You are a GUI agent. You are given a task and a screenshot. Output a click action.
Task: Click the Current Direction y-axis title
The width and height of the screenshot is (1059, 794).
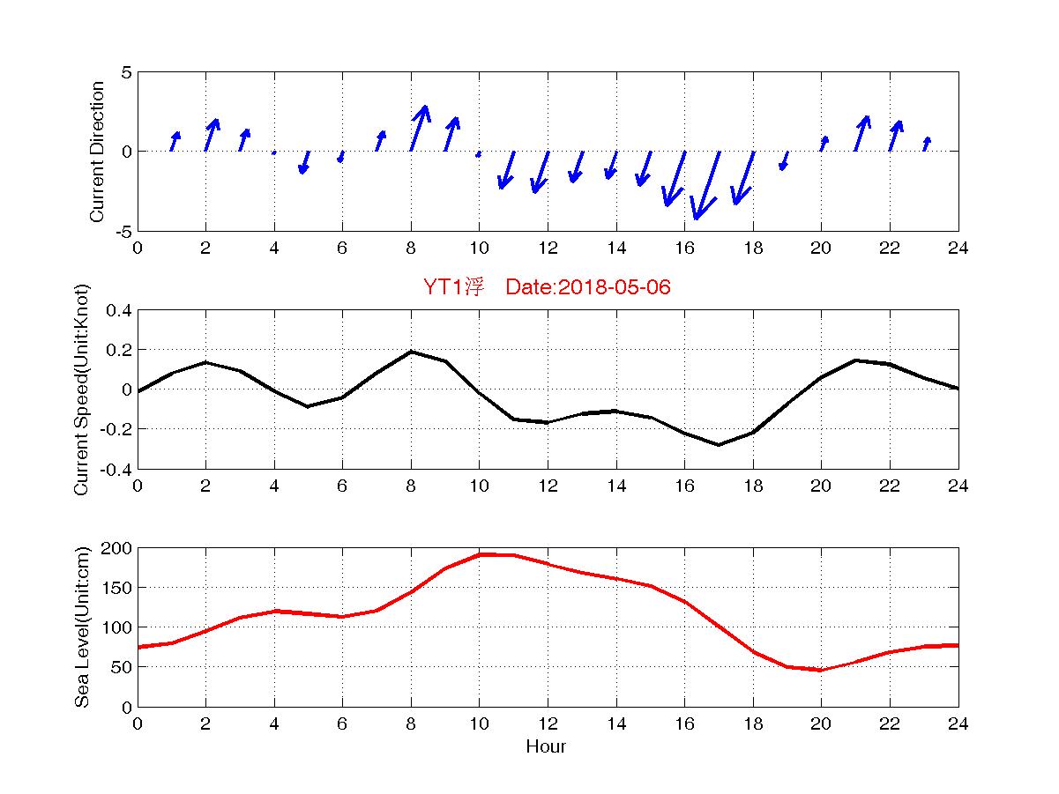tap(97, 152)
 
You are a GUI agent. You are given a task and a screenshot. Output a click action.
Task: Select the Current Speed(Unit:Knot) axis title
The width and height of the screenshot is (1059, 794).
tap(82, 390)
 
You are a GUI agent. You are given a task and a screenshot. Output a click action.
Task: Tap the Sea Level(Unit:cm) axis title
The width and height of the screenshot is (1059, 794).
tap(82, 627)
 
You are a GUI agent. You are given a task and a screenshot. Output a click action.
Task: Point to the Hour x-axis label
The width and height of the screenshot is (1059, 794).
tap(547, 747)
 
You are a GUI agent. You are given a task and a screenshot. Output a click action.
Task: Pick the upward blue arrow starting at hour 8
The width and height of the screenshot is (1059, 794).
tap(420, 128)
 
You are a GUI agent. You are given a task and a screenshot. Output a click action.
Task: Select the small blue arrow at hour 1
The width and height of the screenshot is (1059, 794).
tap(175, 141)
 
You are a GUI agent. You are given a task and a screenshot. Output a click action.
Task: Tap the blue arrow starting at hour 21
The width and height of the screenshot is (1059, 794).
tap(861, 133)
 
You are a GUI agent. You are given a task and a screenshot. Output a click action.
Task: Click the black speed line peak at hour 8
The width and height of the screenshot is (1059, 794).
tap(411, 352)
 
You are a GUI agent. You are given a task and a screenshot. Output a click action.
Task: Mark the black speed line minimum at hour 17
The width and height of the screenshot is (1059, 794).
tap(719, 444)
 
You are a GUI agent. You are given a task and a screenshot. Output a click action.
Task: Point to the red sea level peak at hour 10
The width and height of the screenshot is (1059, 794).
tap(480, 554)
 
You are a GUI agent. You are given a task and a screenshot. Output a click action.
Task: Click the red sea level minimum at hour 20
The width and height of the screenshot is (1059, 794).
tap(821, 670)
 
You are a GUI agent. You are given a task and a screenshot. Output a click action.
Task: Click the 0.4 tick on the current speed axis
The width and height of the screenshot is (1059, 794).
tap(117, 310)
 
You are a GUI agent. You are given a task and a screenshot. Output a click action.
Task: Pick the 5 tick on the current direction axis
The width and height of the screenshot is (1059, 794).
tap(126, 72)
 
